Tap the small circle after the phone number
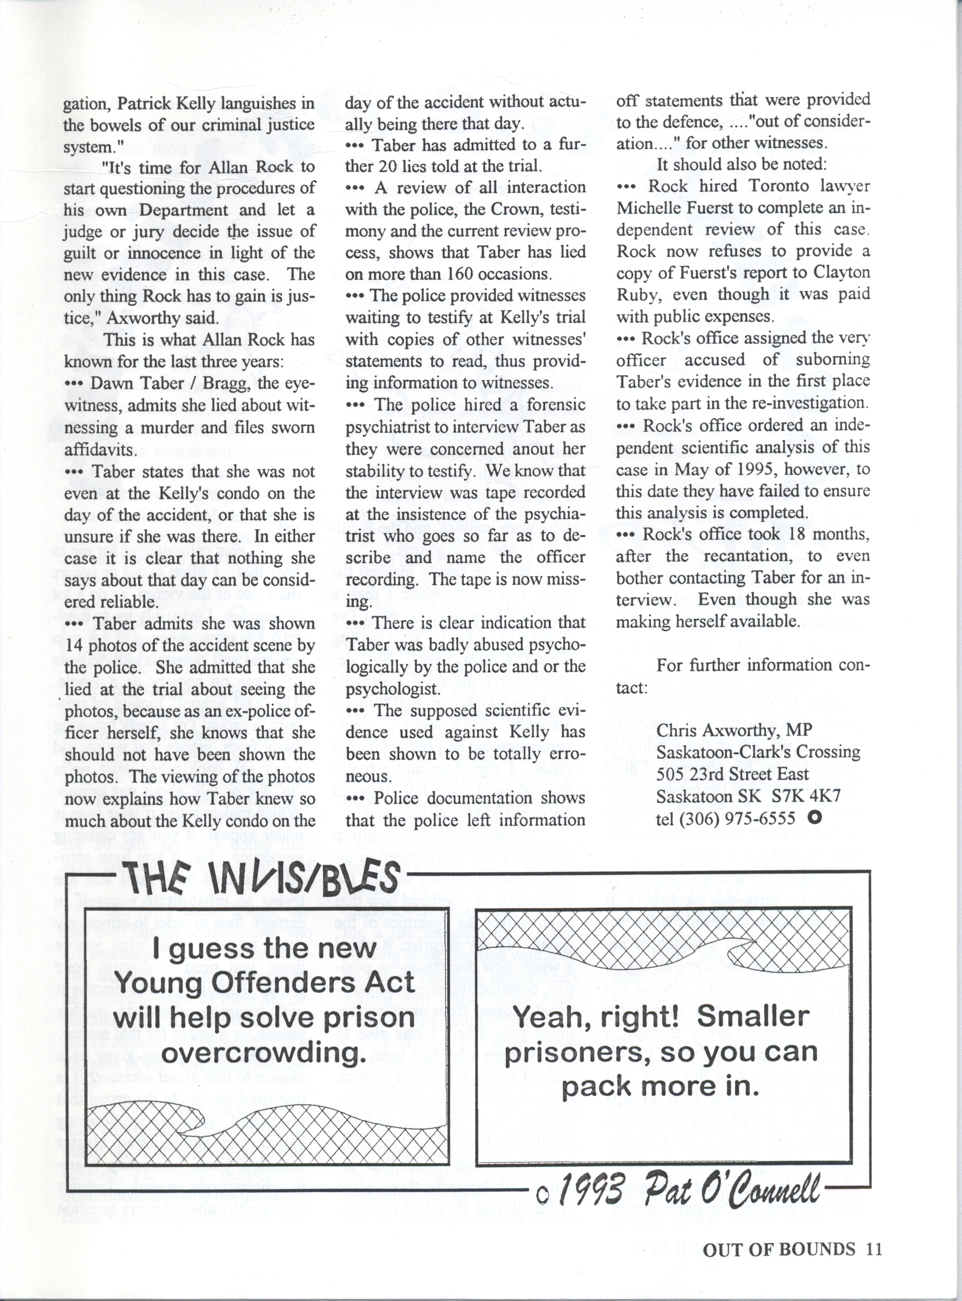click(814, 818)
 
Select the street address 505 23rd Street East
click(732, 774)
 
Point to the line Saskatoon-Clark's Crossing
click(758, 752)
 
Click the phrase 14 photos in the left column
click(105, 646)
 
